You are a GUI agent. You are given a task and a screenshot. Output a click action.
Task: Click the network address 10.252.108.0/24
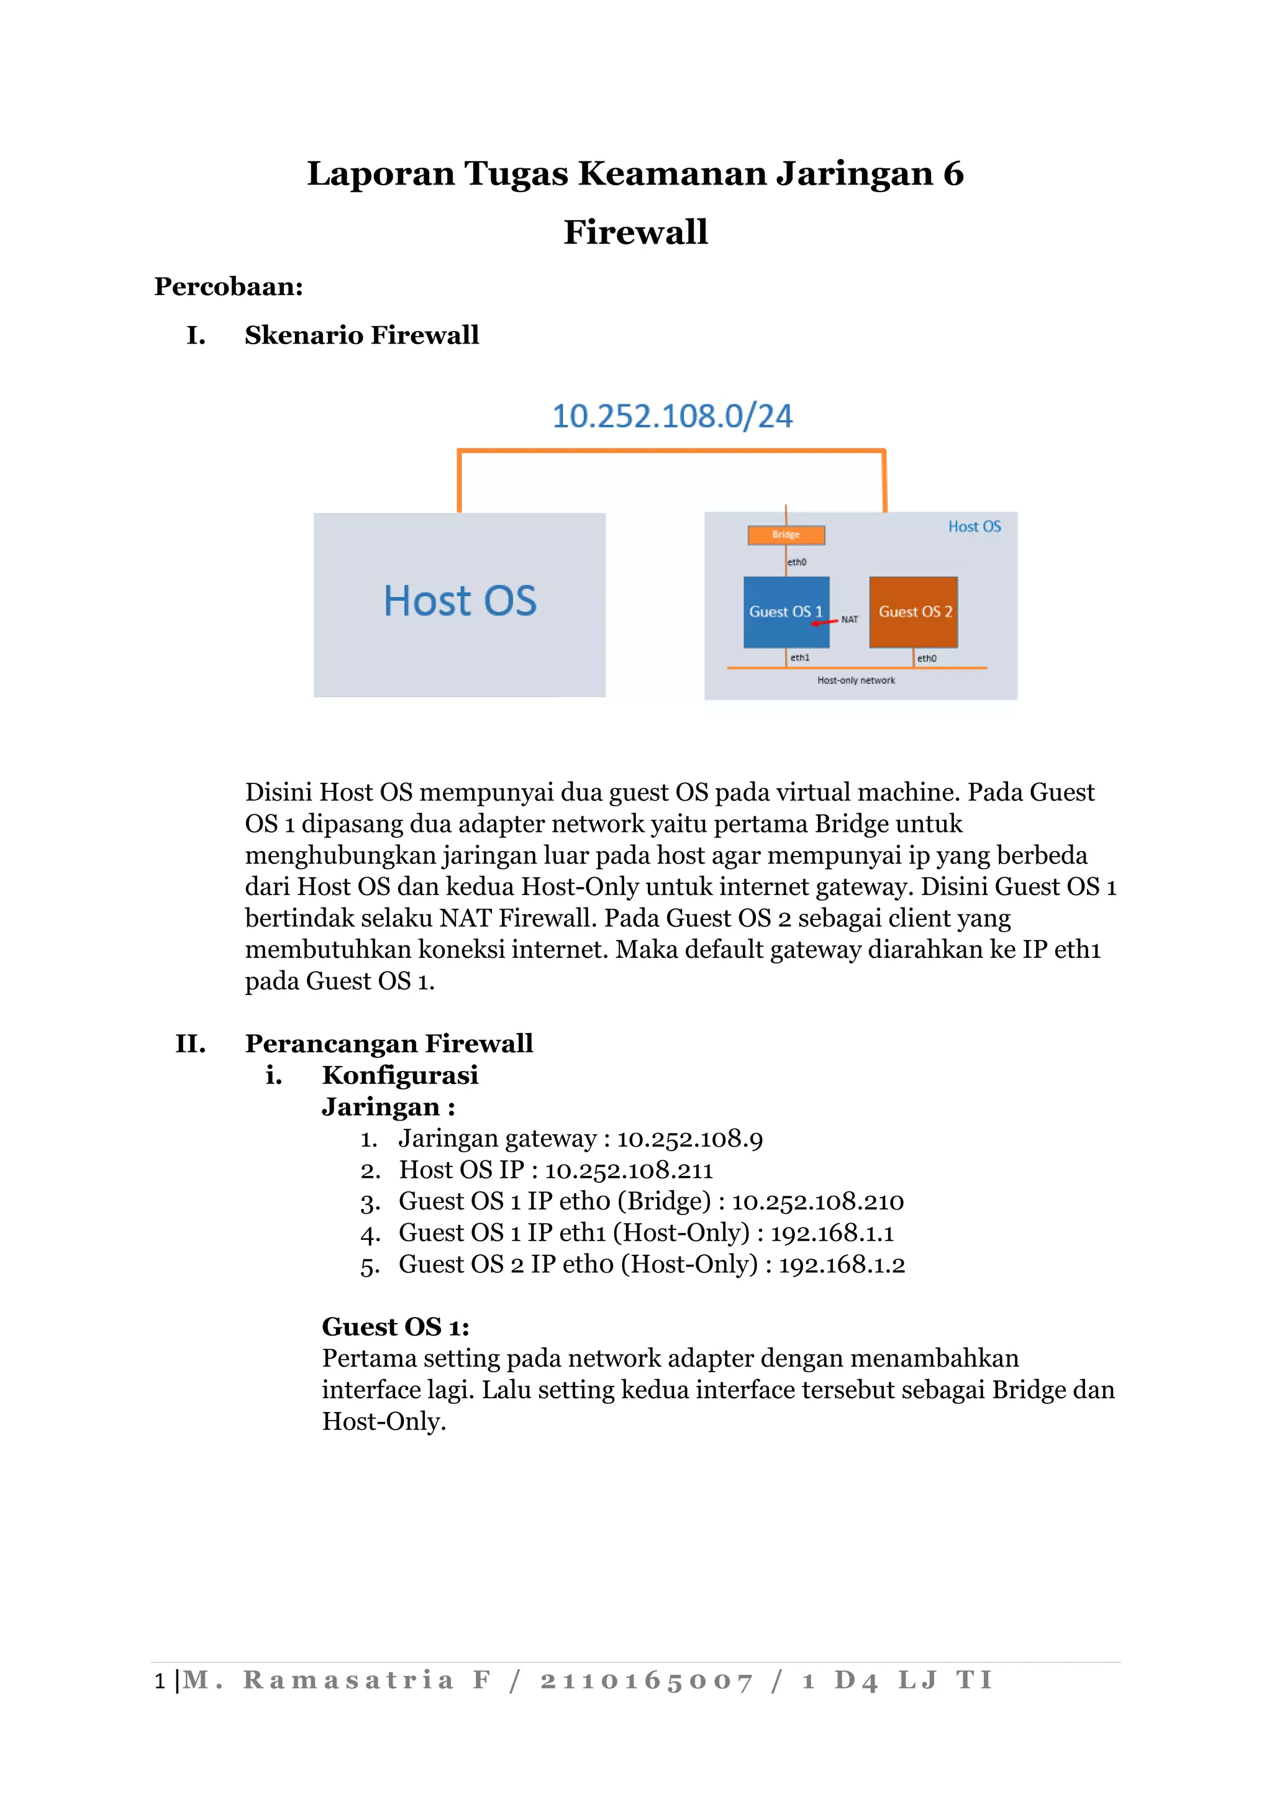(x=672, y=416)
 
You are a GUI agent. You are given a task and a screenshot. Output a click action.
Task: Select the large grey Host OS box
(x=460, y=604)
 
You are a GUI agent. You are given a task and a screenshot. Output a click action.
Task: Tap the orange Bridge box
(x=786, y=535)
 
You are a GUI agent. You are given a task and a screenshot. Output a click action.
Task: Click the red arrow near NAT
(x=824, y=622)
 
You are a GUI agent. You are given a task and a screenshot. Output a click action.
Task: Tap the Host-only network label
(x=856, y=680)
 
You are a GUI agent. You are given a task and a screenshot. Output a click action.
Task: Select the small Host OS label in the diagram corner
(x=974, y=527)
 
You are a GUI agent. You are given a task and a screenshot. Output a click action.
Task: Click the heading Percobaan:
(x=229, y=287)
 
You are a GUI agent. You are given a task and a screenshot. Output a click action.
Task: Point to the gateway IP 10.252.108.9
(x=689, y=1139)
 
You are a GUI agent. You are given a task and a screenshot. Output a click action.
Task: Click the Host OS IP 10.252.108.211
(x=629, y=1170)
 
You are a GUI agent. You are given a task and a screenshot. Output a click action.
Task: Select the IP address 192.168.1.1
(x=832, y=1233)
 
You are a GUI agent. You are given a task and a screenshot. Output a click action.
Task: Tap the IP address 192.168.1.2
(x=841, y=1265)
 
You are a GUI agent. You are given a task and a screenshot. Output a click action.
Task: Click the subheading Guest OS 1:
(x=396, y=1328)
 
